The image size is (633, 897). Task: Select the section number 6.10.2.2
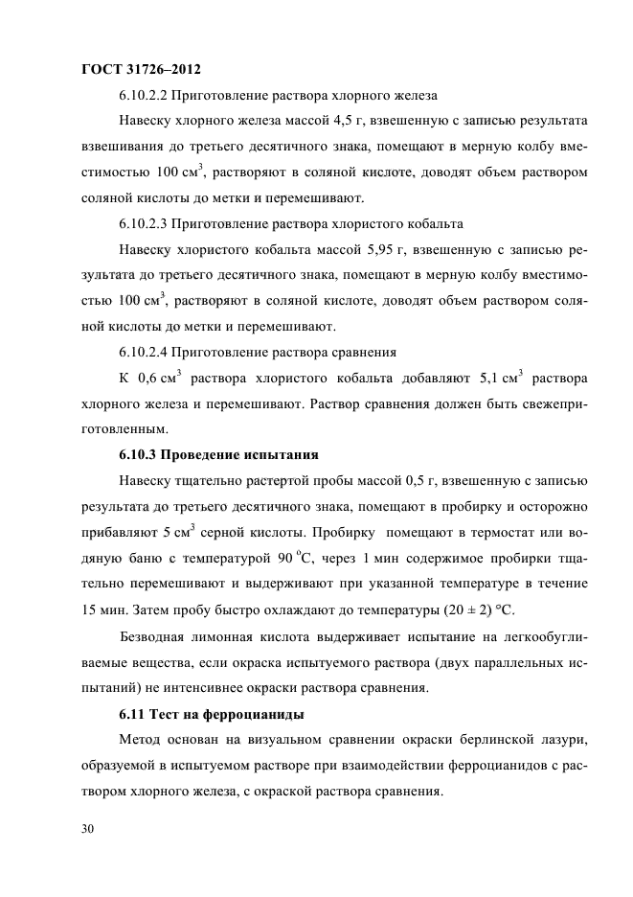(x=152, y=96)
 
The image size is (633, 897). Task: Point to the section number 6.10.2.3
(x=152, y=224)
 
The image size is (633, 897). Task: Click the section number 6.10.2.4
(x=152, y=352)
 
